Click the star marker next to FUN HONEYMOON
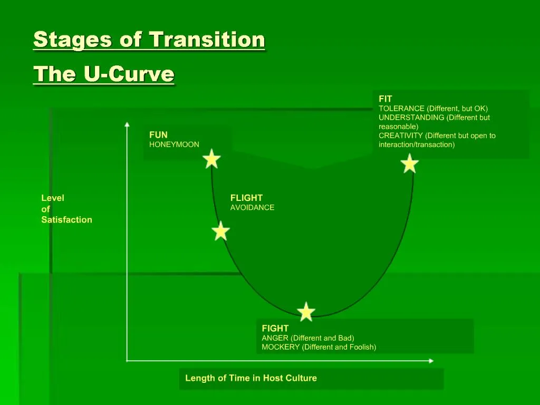pos(211,159)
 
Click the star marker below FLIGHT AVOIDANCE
pos(220,231)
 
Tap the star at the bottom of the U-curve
pos(306,312)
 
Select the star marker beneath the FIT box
pos(410,163)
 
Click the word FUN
pos(158,135)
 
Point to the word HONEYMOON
pos(174,144)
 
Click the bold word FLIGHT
pos(246,198)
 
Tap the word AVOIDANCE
pos(252,208)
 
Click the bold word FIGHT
pos(275,329)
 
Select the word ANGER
pos(275,338)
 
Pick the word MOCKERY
pos(281,347)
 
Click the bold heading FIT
pos(385,99)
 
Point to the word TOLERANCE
pos(401,109)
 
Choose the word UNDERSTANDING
pos(411,118)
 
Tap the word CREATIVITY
pos(401,136)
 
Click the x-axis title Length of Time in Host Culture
pos(251,378)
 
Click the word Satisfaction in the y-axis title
pos(66,220)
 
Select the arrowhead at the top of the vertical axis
pos(127,124)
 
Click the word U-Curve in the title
pos(129,74)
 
